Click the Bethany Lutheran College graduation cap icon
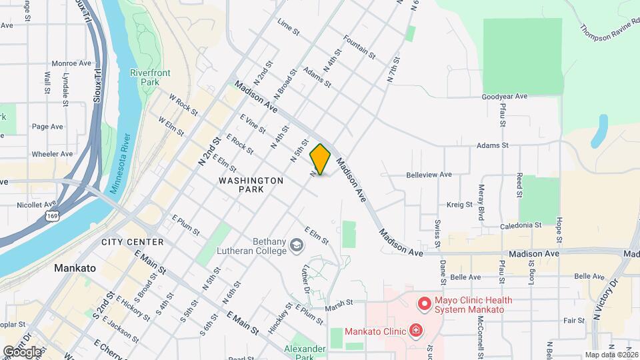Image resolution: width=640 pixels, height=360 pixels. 294,248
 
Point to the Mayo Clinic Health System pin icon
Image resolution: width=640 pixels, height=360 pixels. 423,305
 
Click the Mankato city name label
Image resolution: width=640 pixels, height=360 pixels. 75,268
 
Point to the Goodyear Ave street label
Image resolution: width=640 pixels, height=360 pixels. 504,97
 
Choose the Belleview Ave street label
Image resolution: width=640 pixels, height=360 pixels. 429,175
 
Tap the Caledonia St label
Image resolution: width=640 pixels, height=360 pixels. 521,225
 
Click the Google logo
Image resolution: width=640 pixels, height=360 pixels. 22,351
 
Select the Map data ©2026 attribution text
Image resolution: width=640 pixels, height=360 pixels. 611,355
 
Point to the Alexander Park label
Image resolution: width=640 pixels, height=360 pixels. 305,353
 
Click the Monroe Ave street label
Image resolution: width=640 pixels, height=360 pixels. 67,63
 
